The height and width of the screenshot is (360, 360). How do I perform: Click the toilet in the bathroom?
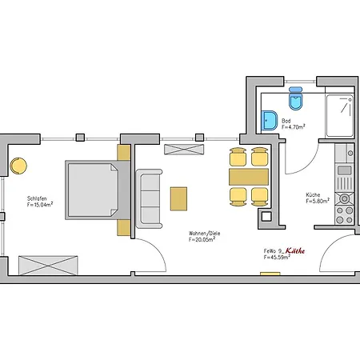(x=296, y=98)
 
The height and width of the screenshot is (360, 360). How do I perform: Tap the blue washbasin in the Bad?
(x=270, y=121)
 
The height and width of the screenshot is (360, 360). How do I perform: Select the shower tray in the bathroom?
(x=340, y=115)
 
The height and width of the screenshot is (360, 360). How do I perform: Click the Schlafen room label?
(x=37, y=198)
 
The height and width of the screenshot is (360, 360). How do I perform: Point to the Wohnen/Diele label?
(x=205, y=234)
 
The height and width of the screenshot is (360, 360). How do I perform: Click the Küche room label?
(x=313, y=194)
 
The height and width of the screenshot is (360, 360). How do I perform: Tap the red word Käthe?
(x=295, y=250)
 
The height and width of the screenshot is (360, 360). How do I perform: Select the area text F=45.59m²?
(x=277, y=257)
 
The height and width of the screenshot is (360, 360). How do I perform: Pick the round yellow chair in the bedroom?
(x=18, y=166)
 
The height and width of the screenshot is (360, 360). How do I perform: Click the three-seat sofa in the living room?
(x=149, y=198)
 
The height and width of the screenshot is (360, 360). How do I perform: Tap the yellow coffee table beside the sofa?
(x=178, y=198)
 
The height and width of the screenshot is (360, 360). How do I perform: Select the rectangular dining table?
(x=249, y=177)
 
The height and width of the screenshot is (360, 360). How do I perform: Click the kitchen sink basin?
(x=345, y=170)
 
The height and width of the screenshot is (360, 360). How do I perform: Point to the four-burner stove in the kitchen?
(x=345, y=214)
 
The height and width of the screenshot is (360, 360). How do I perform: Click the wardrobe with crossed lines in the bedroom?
(x=48, y=266)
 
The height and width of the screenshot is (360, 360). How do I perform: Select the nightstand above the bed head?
(x=124, y=153)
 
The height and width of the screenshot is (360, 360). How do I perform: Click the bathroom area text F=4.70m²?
(x=294, y=127)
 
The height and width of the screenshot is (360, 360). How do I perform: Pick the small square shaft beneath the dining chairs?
(x=266, y=216)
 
